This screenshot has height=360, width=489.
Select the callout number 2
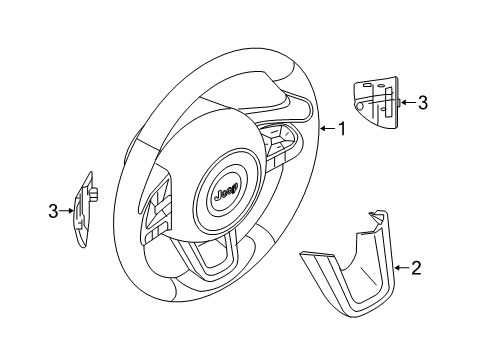(x=416, y=267)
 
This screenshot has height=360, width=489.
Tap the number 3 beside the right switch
(x=423, y=101)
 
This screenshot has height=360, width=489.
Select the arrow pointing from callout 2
(x=400, y=267)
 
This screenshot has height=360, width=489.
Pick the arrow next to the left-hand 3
(x=68, y=209)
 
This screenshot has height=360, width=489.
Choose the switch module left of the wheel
(x=85, y=207)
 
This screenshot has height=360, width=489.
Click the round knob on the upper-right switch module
(x=398, y=101)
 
